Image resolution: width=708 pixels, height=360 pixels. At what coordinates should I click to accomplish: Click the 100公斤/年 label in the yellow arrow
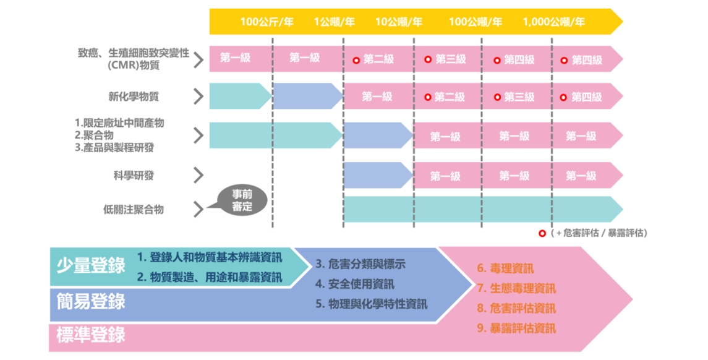267,22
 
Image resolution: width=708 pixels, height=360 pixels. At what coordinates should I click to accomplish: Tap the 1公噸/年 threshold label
334,22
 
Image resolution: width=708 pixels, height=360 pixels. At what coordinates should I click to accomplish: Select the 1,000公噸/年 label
553,22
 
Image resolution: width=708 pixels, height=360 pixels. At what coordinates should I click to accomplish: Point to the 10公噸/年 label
398,22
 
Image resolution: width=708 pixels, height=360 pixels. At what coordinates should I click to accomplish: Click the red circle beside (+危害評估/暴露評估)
542,233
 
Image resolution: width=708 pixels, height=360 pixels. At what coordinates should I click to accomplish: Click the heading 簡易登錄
90,301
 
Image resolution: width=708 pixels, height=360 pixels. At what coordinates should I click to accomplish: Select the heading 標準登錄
90,335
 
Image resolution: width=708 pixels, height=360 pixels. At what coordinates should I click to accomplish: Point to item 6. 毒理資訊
505,268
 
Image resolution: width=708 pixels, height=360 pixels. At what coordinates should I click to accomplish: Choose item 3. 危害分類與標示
360,264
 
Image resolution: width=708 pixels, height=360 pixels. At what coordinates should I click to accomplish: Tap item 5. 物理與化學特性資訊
371,304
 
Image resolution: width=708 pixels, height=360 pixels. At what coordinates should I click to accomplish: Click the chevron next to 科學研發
198,176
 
